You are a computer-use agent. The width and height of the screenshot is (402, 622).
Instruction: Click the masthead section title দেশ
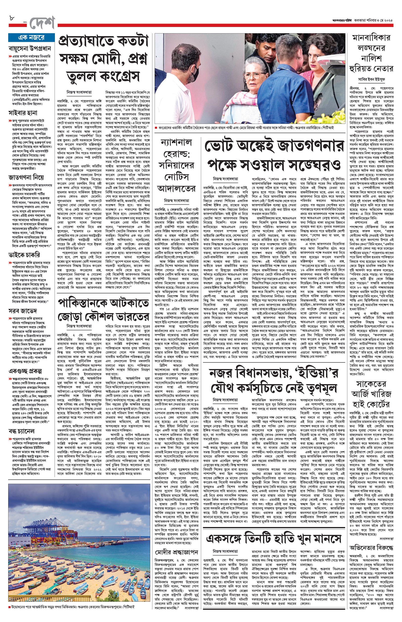42,23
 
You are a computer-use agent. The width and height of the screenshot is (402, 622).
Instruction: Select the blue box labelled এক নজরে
31,38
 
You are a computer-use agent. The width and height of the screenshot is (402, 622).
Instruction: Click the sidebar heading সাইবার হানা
23,113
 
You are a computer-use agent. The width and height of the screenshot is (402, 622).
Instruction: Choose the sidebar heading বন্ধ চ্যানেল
22,431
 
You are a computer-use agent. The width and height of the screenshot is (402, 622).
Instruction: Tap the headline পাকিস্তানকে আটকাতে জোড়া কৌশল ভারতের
103,310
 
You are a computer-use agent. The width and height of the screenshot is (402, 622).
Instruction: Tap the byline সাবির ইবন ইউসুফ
372,79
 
